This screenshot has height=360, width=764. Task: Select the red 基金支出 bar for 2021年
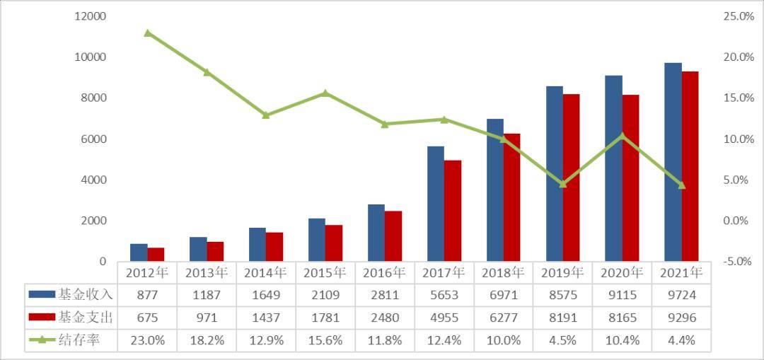pyautogui.click(x=690, y=166)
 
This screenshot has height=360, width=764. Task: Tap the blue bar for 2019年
pyautogui.click(x=555, y=174)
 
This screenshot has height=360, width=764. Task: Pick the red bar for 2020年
pyautogui.click(x=630, y=178)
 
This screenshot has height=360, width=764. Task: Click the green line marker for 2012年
pyautogui.click(x=147, y=33)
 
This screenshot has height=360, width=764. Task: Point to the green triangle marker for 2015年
pyautogui.click(x=325, y=93)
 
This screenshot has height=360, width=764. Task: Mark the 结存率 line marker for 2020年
pyautogui.click(x=622, y=135)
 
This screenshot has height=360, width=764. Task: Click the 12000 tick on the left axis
pyautogui.click(x=90, y=16)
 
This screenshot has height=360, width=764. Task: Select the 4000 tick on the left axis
pyautogui.click(x=93, y=180)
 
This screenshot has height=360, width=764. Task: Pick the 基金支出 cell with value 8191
pyautogui.click(x=562, y=318)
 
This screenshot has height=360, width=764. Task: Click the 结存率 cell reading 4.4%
pyautogui.click(x=681, y=341)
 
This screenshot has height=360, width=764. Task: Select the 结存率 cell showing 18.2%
pyautogui.click(x=207, y=341)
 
